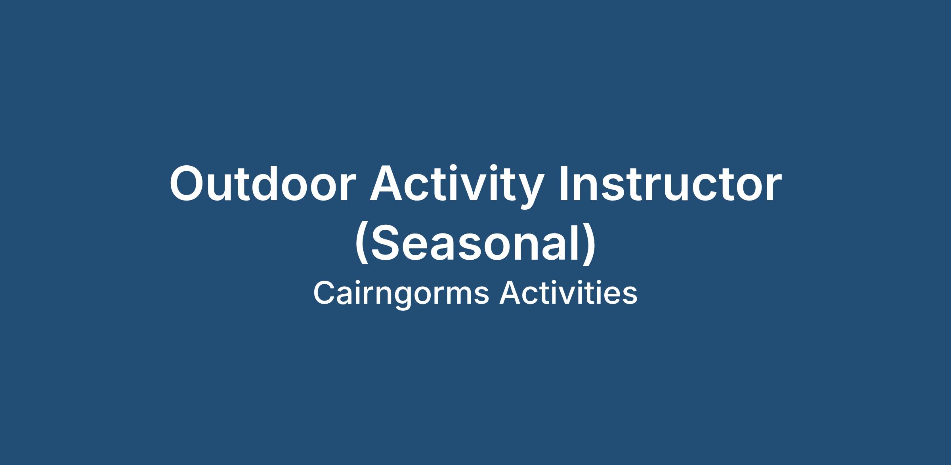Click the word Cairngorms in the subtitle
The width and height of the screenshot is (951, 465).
coord(401,294)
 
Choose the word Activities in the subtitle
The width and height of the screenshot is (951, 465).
coord(568,293)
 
